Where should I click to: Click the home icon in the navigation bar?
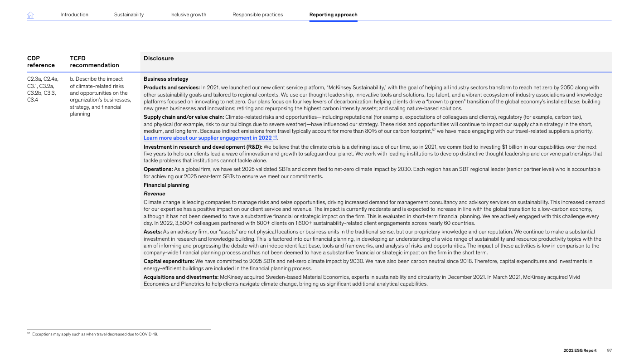(x=30, y=15)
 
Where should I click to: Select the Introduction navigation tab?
(x=74, y=15)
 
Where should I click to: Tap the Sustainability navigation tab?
(x=129, y=15)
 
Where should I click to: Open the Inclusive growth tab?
(x=188, y=15)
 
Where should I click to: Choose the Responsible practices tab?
(x=257, y=15)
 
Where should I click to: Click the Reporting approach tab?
(x=333, y=15)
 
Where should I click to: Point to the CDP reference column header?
(x=41, y=62)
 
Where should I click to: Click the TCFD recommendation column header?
(x=94, y=62)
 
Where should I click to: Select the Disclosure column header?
(x=159, y=58)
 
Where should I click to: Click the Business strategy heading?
(x=166, y=79)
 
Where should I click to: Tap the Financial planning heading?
(x=166, y=185)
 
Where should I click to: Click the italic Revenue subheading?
(x=155, y=194)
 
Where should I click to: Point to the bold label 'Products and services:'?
(x=171, y=88)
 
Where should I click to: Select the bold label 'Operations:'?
(x=158, y=169)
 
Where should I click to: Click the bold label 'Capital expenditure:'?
(x=169, y=261)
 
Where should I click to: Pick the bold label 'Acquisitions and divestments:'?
(x=181, y=277)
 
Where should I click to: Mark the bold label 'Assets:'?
(x=153, y=232)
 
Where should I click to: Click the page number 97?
(x=609, y=350)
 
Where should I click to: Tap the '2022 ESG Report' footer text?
(x=580, y=350)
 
